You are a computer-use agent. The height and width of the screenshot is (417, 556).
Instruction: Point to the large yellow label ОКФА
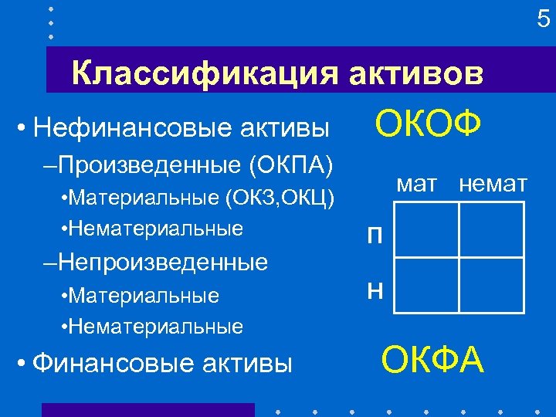(433, 359)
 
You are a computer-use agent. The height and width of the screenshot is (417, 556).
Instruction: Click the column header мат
(416, 184)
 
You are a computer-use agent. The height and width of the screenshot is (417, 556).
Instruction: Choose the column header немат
(493, 184)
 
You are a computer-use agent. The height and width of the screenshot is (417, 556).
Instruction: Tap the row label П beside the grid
(374, 236)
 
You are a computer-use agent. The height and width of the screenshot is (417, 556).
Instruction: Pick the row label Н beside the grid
(374, 290)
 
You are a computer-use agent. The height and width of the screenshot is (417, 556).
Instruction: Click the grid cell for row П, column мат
(426, 229)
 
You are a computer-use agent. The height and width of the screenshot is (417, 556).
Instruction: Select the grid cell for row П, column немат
(491, 229)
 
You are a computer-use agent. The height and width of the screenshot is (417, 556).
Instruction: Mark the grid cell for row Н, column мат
(426, 284)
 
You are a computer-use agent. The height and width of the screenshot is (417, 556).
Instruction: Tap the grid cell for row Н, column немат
(491, 284)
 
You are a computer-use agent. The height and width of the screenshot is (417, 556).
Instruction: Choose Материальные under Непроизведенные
(143, 296)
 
